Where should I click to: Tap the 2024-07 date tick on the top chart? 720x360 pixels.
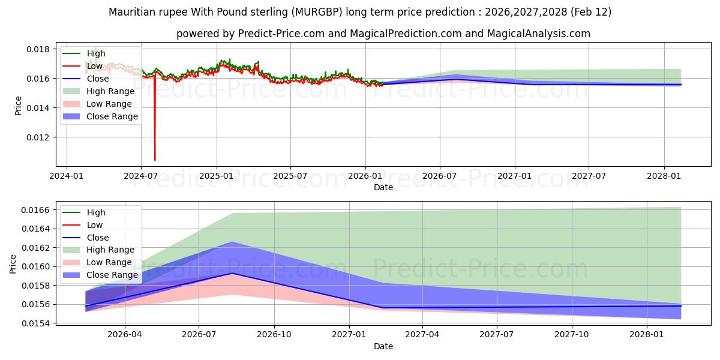tap(140, 176)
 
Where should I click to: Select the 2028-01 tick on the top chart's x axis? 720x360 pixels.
tap(664, 176)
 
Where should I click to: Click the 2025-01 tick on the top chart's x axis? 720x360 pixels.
tap(216, 176)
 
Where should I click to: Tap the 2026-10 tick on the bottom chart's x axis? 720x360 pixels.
tap(274, 334)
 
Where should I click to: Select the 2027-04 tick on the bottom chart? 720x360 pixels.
tap(422, 334)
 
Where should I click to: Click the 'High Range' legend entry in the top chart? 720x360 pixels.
tap(110, 91)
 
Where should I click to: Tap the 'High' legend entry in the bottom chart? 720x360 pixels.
tap(96, 212)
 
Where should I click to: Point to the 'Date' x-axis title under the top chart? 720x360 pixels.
tap(383, 187)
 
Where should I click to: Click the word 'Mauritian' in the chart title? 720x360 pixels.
tap(130, 12)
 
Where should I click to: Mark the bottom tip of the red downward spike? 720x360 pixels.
tap(155, 160)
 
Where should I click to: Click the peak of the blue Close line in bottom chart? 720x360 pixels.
tap(232, 273)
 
